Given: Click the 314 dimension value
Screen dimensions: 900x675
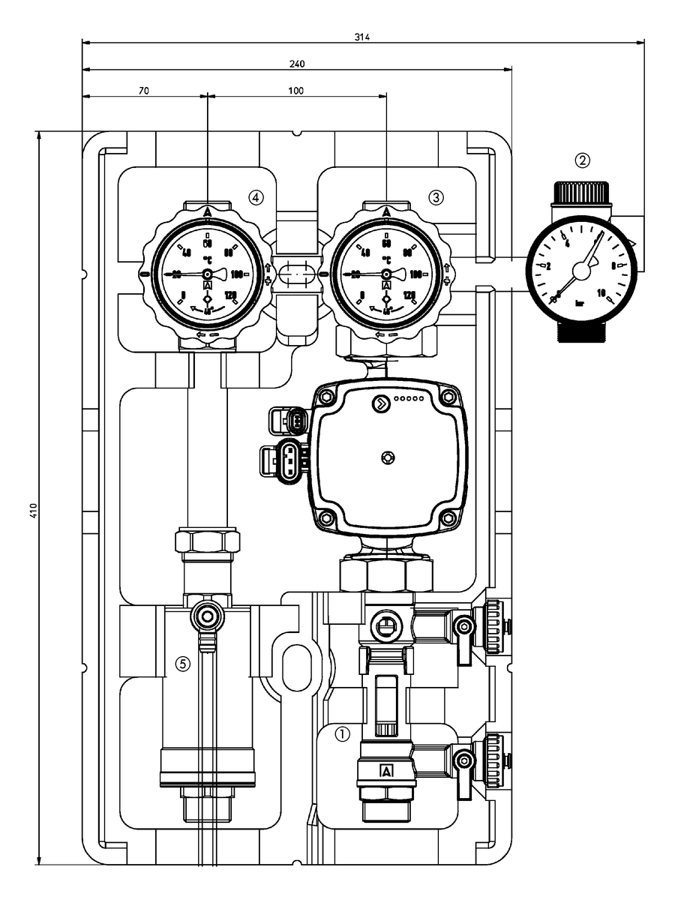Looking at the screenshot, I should tap(364, 36).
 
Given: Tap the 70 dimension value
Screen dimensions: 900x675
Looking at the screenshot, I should tap(143, 90).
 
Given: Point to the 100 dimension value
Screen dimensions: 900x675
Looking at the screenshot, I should tap(295, 90).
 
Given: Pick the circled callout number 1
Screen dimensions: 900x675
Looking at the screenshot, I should tap(342, 734).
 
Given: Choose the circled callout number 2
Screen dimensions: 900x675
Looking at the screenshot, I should tap(583, 160).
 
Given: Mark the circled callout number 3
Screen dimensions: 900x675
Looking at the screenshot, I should tap(436, 197).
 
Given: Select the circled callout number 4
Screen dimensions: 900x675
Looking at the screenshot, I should tap(256, 197).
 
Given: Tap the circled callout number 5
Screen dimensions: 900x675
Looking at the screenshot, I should tap(182, 663).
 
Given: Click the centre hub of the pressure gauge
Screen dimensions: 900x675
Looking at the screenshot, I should tap(581, 268).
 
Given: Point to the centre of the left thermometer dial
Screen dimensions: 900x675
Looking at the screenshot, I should tap(207, 275).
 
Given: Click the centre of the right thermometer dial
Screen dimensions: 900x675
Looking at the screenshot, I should tap(386, 275).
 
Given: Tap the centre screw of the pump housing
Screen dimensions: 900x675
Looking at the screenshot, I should tap(387, 457).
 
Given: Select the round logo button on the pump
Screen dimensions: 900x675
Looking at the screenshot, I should tap(382, 405).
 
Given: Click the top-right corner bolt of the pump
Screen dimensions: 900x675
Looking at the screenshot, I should tap(448, 397).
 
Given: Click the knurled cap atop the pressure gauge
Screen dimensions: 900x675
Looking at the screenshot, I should tap(583, 193).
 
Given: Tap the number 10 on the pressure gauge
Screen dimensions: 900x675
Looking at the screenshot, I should tap(601, 292).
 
